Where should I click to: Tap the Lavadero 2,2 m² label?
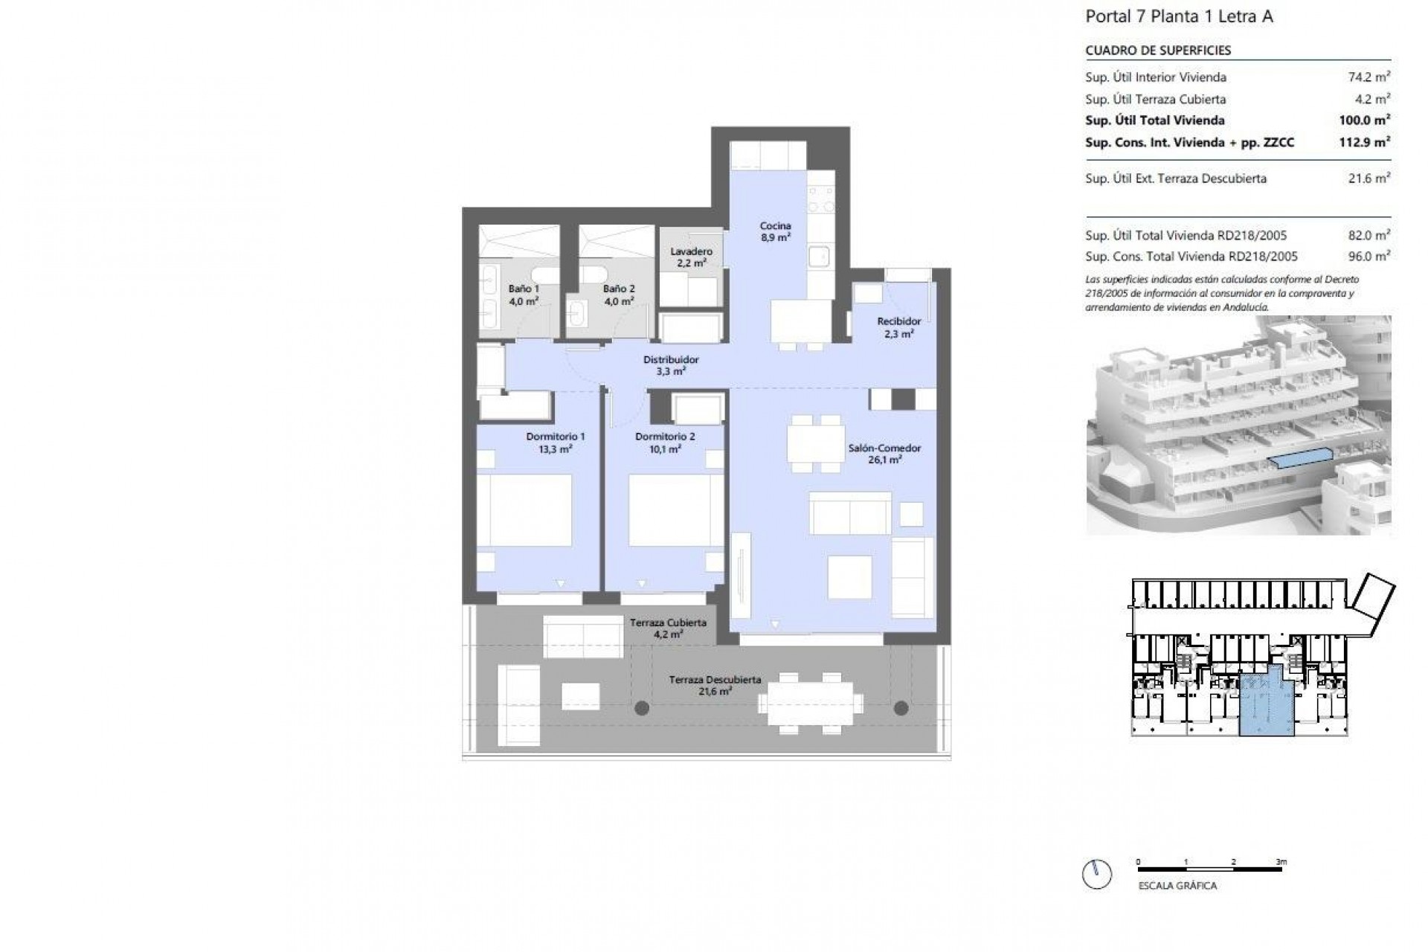coord(691,257)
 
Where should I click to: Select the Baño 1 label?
coord(524,295)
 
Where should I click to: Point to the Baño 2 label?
coord(619,295)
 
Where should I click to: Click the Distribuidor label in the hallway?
coord(671,364)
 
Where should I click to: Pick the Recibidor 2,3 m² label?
coord(898,327)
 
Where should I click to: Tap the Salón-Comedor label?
coord(884,454)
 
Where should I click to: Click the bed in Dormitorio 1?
coord(524,510)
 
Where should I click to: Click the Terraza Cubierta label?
coord(668,628)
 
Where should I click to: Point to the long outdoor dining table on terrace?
coord(811,703)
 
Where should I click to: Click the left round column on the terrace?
coord(642,708)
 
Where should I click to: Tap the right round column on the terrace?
coord(901,707)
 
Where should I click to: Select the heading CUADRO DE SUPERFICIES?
coord(1158,51)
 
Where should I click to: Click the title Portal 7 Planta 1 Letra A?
coord(1179,16)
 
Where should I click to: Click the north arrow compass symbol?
coord(1097,873)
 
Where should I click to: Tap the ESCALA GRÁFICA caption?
coord(1177,886)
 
